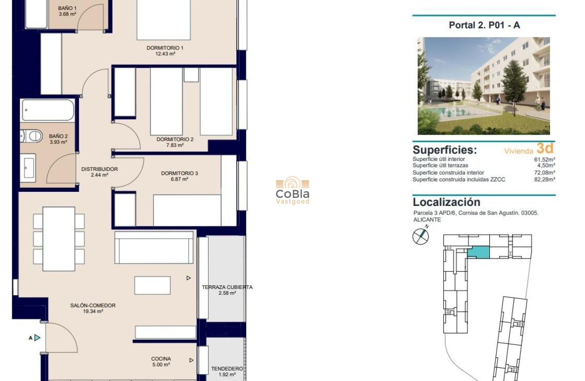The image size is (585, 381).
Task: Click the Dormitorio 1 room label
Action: tap(165, 48)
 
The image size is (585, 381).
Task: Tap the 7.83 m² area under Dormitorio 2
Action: tap(175, 146)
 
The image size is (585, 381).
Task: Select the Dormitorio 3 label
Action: tap(179, 173)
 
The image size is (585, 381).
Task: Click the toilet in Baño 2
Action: tap(33, 136)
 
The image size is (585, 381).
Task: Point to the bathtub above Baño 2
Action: tap(47, 110)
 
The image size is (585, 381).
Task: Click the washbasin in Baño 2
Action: tap(28, 167)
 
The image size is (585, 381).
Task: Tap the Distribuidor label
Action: tap(99, 169)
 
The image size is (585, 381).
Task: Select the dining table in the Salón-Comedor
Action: tap(58, 239)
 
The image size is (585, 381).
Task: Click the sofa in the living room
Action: tap(154, 248)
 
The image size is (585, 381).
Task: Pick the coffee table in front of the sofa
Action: tap(152, 285)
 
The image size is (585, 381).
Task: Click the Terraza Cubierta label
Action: tap(227, 287)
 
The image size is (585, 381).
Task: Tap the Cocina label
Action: tap(161, 359)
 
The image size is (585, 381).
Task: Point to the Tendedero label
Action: tap(227, 369)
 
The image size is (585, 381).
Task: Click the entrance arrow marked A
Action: tap(37, 337)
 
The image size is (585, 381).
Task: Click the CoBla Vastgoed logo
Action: tap(292, 190)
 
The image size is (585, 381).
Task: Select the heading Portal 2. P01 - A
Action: tap(484, 25)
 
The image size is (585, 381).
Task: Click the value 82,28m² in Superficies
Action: tap(545, 180)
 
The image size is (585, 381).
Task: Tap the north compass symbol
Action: tap(420, 236)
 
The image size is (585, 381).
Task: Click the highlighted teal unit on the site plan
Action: tap(479, 253)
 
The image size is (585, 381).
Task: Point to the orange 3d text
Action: tap(545, 148)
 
